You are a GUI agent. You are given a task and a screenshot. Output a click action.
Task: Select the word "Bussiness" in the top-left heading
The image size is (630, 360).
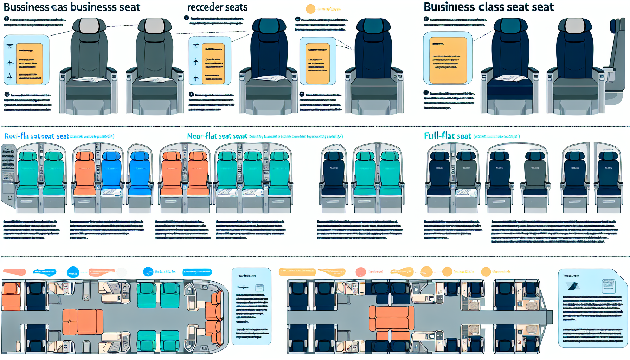pos(26,7)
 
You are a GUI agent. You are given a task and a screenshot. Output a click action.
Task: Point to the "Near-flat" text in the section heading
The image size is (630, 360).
pos(202,136)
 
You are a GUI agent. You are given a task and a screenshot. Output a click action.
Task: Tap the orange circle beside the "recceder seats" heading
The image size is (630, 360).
pos(311,9)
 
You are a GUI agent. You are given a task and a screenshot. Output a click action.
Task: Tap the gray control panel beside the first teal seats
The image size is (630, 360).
pos(8,176)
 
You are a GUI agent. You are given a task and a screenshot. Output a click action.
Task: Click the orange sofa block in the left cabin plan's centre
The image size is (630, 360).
pos(83,322)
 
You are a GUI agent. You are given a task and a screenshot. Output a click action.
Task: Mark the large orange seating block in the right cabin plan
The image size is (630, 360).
pos(391,318)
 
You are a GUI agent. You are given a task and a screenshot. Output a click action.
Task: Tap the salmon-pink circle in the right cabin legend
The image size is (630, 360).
pos(361,272)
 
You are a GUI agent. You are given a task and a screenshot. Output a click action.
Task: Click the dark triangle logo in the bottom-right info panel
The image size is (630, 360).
pos(573,286)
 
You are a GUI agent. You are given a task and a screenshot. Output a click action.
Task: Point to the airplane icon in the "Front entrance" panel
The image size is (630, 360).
pos(243,288)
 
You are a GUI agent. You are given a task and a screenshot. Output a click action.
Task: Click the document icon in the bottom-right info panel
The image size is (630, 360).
pos(609,285)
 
